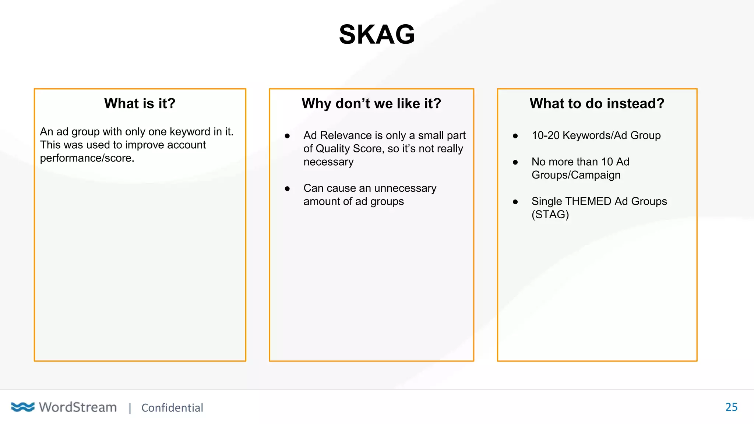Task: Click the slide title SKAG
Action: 377,35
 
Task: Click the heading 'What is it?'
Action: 140,103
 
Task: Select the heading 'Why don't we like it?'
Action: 371,103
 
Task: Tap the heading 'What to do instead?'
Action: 597,103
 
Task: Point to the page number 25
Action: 731,407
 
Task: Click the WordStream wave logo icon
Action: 22,407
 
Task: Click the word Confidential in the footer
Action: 172,408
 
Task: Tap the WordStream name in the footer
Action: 78,407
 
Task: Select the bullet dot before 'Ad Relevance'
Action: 287,136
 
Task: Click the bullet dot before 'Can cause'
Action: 287,189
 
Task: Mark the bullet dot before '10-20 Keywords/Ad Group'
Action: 515,136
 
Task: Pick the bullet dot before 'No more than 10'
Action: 515,162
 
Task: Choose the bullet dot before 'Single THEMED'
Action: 515,202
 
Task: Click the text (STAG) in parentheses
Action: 550,215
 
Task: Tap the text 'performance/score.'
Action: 87,158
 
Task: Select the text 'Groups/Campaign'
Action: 576,175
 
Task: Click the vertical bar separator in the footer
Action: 130,408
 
